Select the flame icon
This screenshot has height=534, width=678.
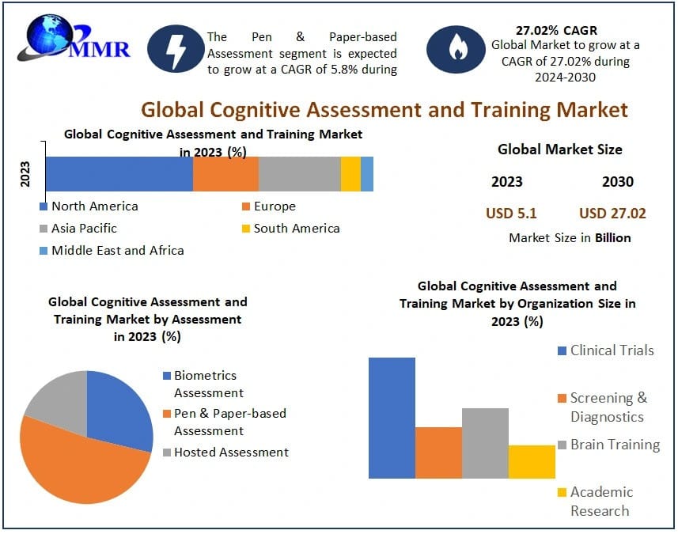click(x=456, y=50)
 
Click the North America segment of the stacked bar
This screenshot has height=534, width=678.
click(x=119, y=173)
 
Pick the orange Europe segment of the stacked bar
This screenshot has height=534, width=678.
click(x=225, y=173)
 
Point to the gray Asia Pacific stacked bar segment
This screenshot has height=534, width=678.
click(x=299, y=173)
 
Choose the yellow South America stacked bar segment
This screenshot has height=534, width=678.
click(x=350, y=173)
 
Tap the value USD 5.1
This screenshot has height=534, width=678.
click(x=511, y=213)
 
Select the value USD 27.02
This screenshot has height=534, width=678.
click(x=612, y=213)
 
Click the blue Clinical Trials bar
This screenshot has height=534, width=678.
click(x=392, y=418)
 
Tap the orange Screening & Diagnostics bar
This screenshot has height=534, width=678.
click(x=438, y=453)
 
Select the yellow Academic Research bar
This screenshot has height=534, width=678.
click(x=532, y=461)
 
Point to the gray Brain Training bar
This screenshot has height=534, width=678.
click(x=485, y=443)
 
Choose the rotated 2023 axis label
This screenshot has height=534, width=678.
click(x=25, y=173)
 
